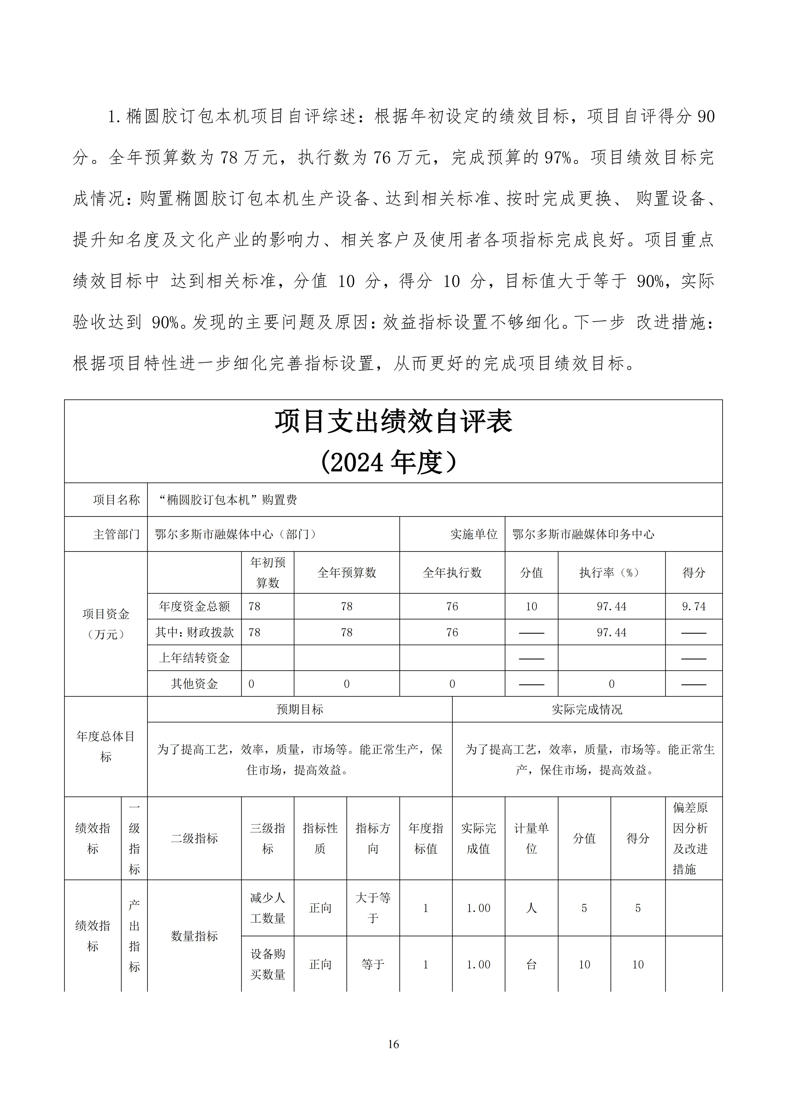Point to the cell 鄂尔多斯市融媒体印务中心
(x=583, y=534)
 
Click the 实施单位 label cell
(x=473, y=534)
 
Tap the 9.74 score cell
(x=694, y=606)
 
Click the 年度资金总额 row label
(x=194, y=606)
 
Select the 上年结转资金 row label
(x=194, y=658)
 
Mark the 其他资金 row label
(x=194, y=684)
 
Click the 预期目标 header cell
(x=299, y=710)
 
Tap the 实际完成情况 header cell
(x=587, y=710)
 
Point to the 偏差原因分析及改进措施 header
(x=691, y=838)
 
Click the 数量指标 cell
(x=194, y=936)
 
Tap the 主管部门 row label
(x=116, y=534)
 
